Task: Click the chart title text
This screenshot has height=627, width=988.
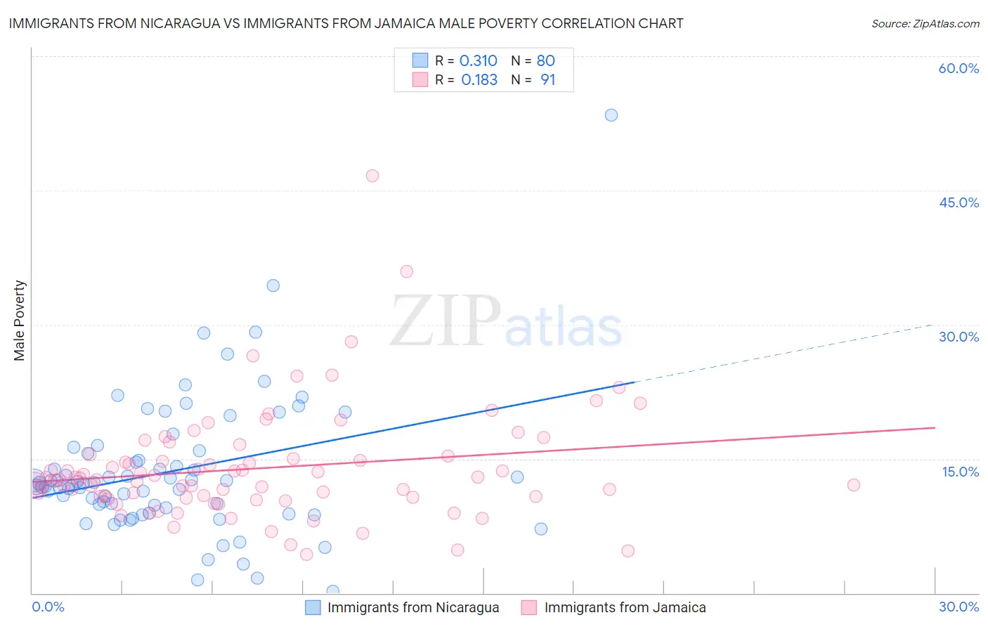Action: tap(346, 24)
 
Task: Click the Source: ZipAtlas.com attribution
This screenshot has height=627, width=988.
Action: tap(925, 24)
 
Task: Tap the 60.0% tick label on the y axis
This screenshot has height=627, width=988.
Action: tap(958, 68)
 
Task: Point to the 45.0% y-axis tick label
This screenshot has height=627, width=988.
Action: tap(958, 202)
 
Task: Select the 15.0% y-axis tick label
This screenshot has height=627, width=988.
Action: tap(960, 472)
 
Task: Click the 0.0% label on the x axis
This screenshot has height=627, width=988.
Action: tap(48, 607)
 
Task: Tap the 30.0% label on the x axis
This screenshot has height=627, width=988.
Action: tap(958, 607)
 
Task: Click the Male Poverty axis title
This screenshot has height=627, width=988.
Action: tap(20, 321)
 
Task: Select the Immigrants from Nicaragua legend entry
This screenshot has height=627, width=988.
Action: tap(403, 607)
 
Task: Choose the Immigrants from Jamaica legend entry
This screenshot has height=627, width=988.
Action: tap(614, 607)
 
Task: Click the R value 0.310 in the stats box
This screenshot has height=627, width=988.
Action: tap(478, 61)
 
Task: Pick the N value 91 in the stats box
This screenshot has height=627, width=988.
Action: tap(547, 80)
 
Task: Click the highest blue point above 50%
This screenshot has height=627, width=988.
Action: tap(611, 115)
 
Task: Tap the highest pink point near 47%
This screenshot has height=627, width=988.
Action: tap(372, 176)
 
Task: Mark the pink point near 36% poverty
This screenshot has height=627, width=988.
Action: tap(406, 271)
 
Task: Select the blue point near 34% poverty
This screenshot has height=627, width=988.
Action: tap(273, 285)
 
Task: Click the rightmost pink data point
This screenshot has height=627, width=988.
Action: tap(854, 485)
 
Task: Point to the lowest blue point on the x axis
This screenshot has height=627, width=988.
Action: tap(333, 591)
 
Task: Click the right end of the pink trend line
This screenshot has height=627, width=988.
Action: tap(935, 427)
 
